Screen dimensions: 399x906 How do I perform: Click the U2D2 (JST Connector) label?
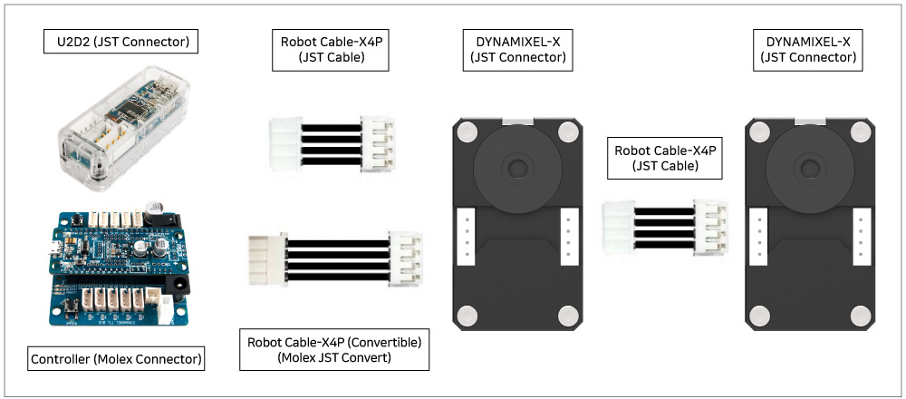point(121,41)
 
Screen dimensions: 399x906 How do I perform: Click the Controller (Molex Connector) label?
point(116,358)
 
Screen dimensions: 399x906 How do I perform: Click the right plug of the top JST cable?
point(374,142)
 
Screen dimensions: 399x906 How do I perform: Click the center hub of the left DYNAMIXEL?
point(517,168)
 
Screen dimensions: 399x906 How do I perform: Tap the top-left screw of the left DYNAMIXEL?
point(466,131)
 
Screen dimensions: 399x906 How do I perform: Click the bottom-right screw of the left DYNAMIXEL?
point(569,315)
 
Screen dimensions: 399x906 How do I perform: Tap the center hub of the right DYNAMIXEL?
point(809,168)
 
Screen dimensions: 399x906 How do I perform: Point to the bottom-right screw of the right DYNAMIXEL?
point(861,315)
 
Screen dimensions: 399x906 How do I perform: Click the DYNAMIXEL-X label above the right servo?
point(809,49)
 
